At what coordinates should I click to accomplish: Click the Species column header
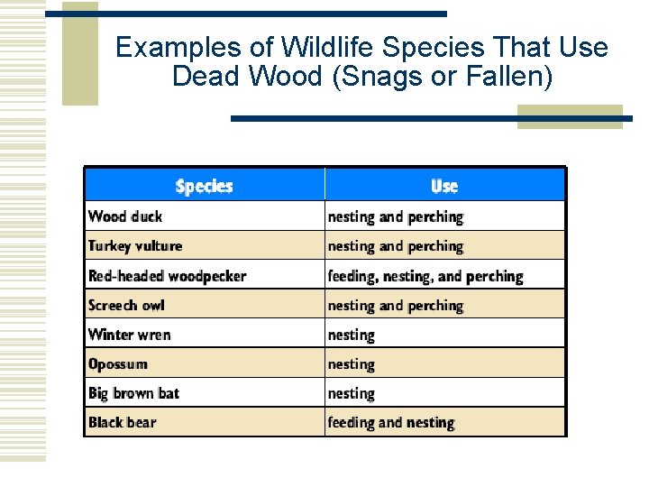pos(204,187)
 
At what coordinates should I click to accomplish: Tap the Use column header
pos(444,187)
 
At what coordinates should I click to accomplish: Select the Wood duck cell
pos(125,216)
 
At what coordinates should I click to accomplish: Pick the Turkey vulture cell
pos(135,246)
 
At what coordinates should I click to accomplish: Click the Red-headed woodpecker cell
pos(167,276)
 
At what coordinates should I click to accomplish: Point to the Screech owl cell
pos(126,306)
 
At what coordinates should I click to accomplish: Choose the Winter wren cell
pos(129,335)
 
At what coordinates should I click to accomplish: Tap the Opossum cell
pos(118,364)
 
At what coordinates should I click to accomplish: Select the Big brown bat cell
pos(133,393)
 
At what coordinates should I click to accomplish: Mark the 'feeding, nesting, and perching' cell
pos(425,276)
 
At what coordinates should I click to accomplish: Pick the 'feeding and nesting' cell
pos(391,423)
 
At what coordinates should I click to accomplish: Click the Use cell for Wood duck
pos(395,216)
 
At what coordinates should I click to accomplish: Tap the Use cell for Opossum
pos(352,364)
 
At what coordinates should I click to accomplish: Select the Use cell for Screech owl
pos(395,306)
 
